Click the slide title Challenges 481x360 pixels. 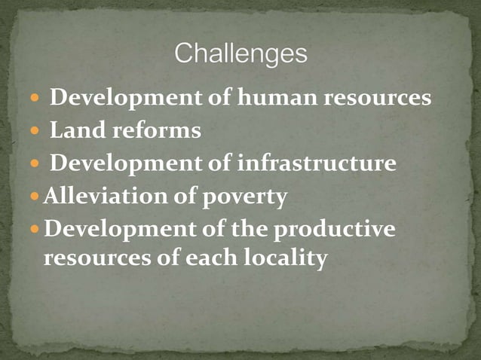(240, 54)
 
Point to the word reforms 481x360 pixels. (157, 131)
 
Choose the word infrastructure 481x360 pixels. (316, 163)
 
